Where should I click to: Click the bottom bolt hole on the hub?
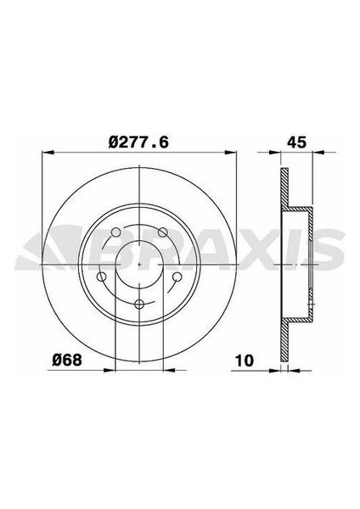pos(138,303)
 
